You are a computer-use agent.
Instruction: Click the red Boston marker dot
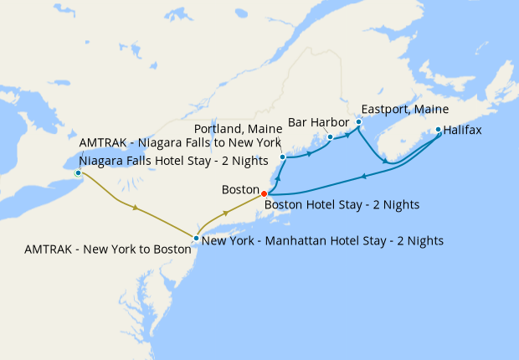pyautogui.click(x=265, y=193)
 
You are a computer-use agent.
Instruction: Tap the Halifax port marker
pyautogui.click(x=438, y=130)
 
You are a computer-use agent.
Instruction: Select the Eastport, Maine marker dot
pyautogui.click(x=358, y=122)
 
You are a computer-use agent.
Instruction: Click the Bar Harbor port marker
pyautogui.click(x=330, y=136)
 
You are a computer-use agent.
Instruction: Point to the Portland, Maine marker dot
pyautogui.click(x=283, y=157)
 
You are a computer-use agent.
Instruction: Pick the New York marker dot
pyautogui.click(x=196, y=239)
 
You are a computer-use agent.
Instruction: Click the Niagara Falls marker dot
pyautogui.click(x=78, y=173)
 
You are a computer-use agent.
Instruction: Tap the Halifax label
pyautogui.click(x=463, y=131)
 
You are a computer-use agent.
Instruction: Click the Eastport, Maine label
pyautogui.click(x=404, y=109)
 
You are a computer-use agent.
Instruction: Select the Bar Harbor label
pyautogui.click(x=318, y=122)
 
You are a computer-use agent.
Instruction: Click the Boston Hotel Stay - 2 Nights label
pyautogui.click(x=342, y=203)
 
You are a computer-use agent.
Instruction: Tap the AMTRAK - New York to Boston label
pyautogui.click(x=107, y=249)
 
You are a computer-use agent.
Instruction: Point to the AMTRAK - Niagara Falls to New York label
pyautogui.click(x=179, y=142)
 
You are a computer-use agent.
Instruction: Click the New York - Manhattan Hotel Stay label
pyautogui.click(x=323, y=240)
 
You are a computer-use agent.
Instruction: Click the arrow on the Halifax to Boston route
pyautogui.click(x=364, y=176)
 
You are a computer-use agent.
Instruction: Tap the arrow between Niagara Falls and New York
pyautogui.click(x=135, y=207)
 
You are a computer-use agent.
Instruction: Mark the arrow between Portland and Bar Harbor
pyautogui.click(x=310, y=154)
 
